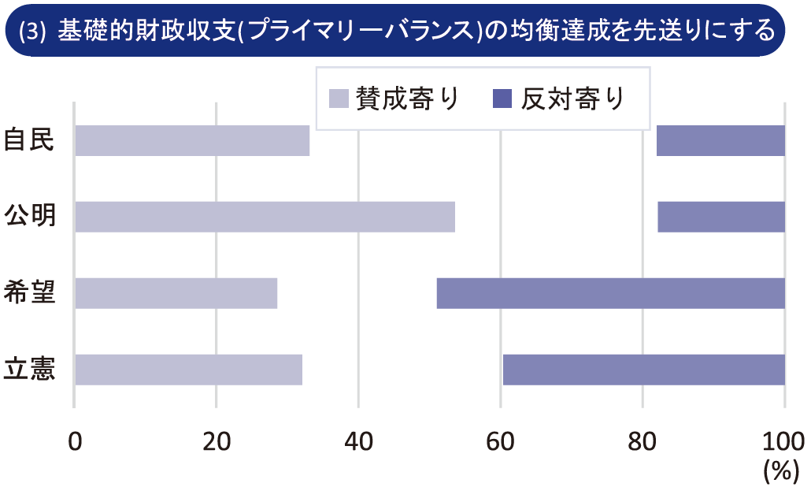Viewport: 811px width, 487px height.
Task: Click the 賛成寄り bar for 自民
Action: tap(192, 140)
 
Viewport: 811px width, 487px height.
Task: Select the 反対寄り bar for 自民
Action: tap(720, 140)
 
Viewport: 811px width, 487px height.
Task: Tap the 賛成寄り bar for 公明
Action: tap(265, 217)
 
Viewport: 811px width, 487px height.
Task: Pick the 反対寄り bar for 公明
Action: tap(721, 217)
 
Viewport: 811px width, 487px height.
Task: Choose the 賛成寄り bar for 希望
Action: tap(176, 293)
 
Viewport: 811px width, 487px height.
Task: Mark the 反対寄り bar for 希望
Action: tap(611, 293)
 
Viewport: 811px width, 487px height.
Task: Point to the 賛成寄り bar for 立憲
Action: tap(189, 370)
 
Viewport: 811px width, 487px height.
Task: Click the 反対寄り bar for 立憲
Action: tap(644, 370)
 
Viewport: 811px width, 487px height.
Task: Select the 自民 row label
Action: tap(29, 139)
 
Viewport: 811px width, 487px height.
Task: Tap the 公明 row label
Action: tap(29, 215)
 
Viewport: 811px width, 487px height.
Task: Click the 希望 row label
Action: tap(29, 292)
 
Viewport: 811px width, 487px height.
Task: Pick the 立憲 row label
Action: tap(29, 368)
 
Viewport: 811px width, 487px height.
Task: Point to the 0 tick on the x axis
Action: tap(75, 441)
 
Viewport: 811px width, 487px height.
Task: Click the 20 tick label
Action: tap(216, 441)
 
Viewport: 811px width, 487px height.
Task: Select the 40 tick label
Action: tap(358, 441)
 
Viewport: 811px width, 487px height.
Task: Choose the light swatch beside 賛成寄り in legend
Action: tap(339, 99)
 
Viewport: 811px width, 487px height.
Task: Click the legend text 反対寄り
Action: tap(572, 99)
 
